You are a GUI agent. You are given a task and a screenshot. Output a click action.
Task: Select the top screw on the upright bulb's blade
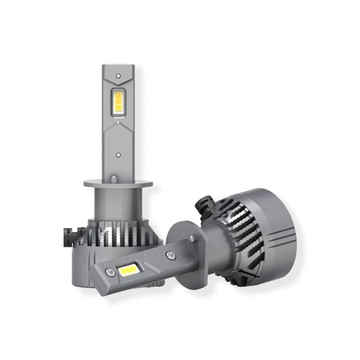click(118, 75)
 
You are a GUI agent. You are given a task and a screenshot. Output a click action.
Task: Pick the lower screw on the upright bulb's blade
click(118, 154)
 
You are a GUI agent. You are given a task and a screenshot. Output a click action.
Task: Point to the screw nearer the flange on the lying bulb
click(169, 254)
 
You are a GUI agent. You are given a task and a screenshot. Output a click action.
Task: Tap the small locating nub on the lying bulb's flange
click(193, 237)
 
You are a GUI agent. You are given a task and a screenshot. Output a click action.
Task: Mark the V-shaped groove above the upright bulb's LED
click(118, 82)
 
